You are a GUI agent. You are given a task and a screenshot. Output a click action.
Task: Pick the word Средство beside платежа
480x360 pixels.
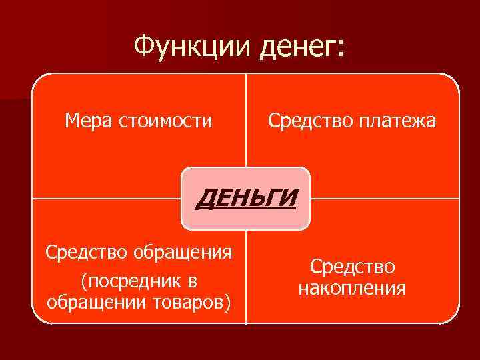click(x=306, y=121)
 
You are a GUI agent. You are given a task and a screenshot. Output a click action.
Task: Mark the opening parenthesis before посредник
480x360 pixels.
click(x=83, y=279)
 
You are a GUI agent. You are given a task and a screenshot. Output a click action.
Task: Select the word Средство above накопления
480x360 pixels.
click(x=352, y=267)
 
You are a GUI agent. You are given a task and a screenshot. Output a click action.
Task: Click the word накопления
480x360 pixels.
click(x=352, y=288)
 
